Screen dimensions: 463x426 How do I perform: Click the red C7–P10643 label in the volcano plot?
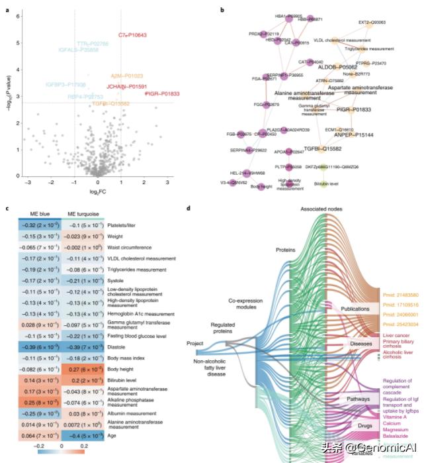pos(132,34)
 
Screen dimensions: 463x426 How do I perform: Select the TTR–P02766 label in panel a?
pos(92,43)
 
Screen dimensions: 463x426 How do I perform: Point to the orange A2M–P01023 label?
pos(126,76)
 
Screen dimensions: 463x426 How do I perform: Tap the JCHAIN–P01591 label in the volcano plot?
pos(126,86)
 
